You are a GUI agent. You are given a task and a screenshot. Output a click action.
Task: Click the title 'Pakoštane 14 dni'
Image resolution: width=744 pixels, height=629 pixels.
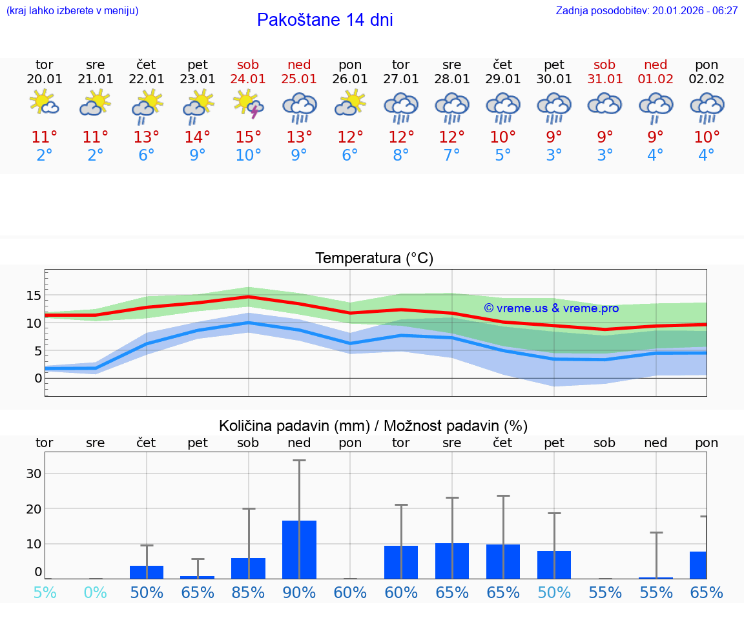tap(325, 20)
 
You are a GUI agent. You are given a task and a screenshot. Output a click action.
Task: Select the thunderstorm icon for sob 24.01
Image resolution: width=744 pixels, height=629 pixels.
tap(249, 105)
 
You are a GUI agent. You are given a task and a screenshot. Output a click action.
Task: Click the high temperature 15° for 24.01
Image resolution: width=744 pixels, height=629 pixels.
tap(249, 137)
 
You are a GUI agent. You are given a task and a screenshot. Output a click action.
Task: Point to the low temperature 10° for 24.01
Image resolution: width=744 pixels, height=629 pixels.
tap(249, 155)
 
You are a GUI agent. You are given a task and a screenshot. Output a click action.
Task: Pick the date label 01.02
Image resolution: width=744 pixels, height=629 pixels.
tap(656, 79)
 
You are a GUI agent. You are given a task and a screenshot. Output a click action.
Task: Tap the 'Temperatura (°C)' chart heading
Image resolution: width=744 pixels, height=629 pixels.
tap(374, 259)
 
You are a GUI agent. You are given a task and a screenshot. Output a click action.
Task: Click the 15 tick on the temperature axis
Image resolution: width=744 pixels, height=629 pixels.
tap(33, 296)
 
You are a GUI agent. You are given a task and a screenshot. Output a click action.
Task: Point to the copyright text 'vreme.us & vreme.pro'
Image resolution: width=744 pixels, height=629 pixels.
tap(551, 308)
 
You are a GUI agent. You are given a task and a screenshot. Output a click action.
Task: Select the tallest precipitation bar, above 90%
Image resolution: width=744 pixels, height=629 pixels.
tap(299, 549)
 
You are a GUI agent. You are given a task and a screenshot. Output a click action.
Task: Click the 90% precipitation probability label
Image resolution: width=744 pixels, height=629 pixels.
tap(299, 592)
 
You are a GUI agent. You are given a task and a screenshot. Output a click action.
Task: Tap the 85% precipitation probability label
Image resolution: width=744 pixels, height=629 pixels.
tap(249, 592)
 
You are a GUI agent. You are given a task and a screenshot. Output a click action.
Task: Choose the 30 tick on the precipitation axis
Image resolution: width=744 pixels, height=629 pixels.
tap(34, 474)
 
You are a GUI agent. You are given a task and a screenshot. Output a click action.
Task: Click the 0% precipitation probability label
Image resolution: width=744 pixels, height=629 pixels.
tap(96, 592)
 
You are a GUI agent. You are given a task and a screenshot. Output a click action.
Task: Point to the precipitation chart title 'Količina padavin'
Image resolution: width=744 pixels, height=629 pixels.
tap(373, 426)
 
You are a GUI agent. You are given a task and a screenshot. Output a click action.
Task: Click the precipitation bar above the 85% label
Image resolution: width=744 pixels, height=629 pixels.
tap(249, 568)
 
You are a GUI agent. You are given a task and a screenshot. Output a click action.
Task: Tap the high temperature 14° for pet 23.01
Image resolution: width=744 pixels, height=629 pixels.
tap(198, 137)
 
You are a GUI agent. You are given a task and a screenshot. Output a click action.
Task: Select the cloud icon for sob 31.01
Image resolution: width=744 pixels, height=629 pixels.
tap(604, 105)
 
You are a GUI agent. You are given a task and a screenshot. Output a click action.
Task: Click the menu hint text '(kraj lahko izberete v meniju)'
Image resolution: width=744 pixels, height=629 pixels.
tap(72, 11)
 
